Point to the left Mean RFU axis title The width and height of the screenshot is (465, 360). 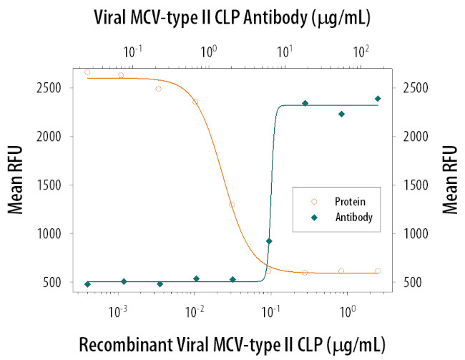point(16,185)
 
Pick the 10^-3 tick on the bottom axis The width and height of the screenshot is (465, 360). point(118,311)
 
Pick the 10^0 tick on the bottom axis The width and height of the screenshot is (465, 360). point(348,311)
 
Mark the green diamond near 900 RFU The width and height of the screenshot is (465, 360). point(269,241)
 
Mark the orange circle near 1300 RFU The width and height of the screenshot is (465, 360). point(232,205)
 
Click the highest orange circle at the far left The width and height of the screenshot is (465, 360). point(87,72)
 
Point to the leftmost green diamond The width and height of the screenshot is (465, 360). point(87,284)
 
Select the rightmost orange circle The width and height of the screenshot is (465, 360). point(378,271)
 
